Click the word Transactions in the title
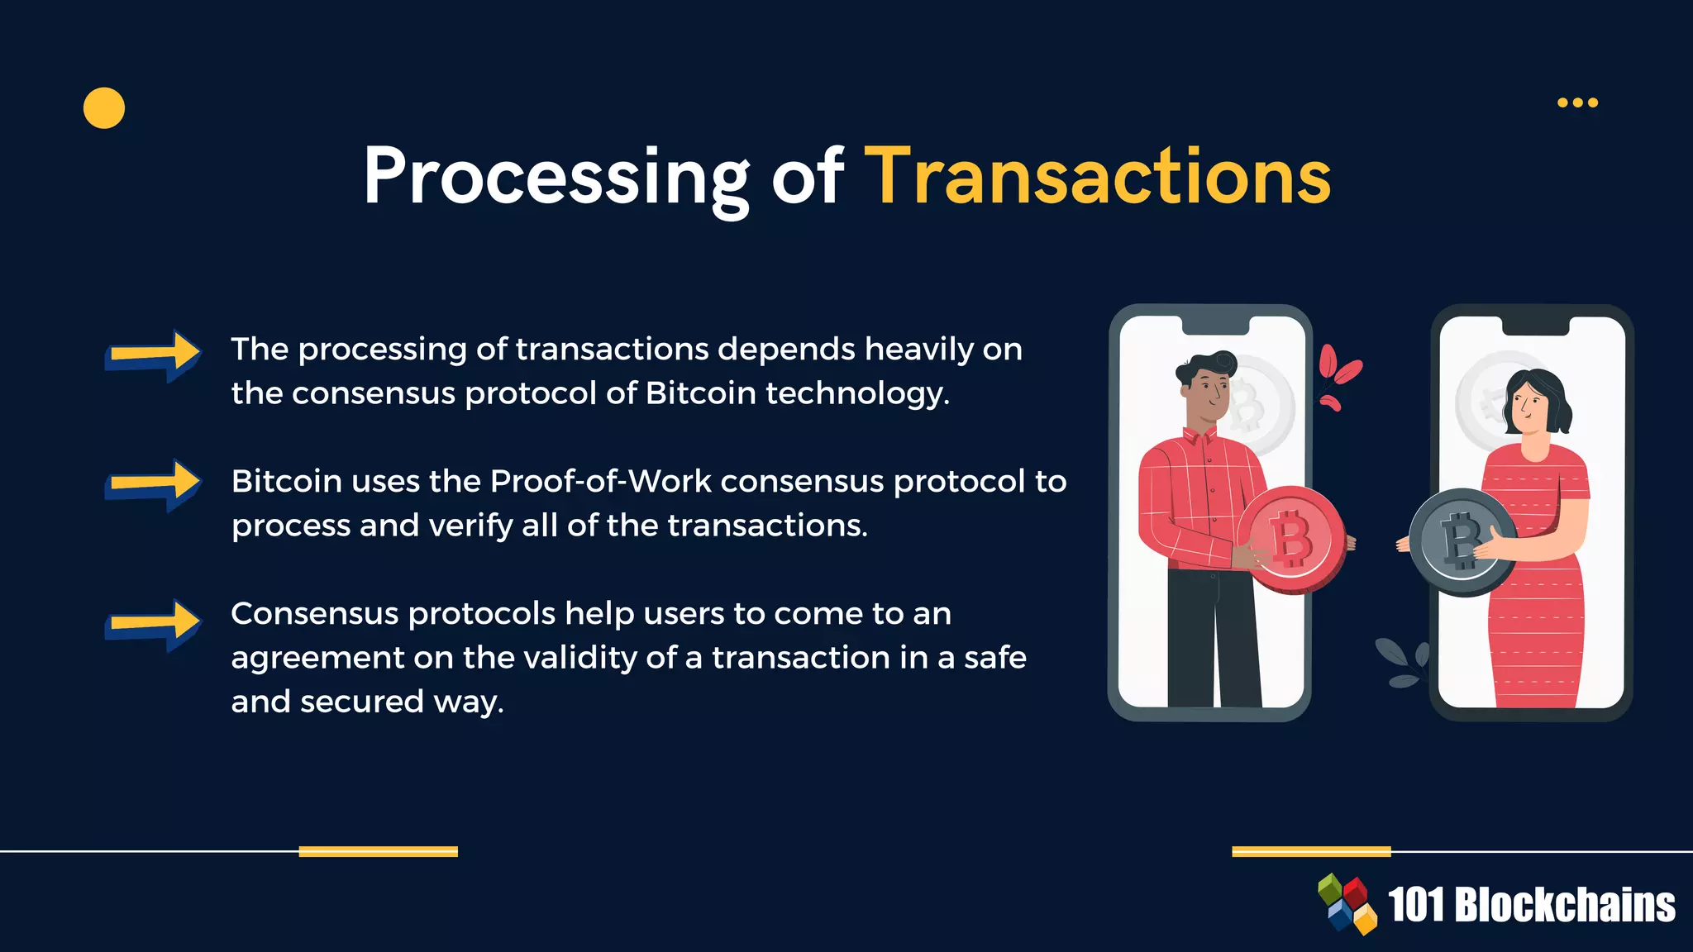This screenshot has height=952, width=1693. tap(1097, 176)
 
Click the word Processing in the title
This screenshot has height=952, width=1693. tap(556, 178)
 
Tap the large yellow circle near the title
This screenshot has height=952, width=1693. tap(104, 108)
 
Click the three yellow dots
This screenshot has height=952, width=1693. tap(1577, 102)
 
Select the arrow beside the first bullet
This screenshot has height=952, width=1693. tap(154, 355)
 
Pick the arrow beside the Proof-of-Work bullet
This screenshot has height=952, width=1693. tap(154, 484)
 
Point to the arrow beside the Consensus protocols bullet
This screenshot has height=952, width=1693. tap(154, 624)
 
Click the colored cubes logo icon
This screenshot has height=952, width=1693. tap(1347, 903)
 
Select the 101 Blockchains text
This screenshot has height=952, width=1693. tap(1531, 905)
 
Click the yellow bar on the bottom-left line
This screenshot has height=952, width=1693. tap(378, 851)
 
